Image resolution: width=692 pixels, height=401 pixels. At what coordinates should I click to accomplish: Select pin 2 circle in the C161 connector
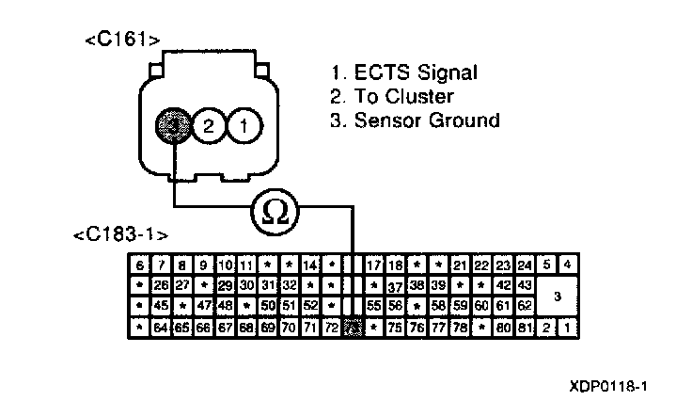click(209, 123)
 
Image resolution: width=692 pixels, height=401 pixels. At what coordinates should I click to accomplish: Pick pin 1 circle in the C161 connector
click(243, 123)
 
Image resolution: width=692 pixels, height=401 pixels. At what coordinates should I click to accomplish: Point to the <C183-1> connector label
click(113, 233)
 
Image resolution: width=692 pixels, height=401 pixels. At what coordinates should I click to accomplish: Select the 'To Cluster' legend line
click(393, 96)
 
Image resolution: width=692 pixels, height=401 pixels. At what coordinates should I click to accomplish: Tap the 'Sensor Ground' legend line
click(415, 120)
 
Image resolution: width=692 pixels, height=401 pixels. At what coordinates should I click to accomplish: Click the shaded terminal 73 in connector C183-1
click(353, 328)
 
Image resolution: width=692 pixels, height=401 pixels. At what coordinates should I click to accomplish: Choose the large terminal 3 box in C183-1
click(558, 296)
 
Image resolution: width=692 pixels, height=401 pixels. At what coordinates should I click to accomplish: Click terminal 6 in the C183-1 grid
click(138, 265)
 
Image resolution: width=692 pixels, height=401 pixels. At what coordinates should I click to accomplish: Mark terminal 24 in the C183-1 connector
click(525, 265)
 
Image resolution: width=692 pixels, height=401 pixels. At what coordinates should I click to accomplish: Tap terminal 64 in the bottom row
click(160, 328)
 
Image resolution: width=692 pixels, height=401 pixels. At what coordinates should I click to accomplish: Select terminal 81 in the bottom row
click(525, 328)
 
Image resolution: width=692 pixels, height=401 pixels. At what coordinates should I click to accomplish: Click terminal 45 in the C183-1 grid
click(160, 306)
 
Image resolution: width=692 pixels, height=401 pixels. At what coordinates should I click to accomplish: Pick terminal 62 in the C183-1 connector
click(525, 306)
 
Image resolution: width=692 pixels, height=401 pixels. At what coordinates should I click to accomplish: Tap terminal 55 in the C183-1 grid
click(374, 306)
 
